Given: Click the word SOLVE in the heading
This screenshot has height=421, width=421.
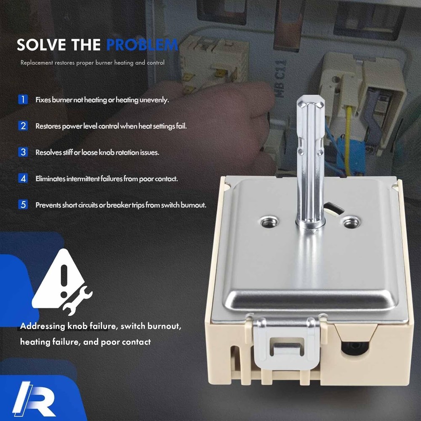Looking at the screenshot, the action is coord(41,45).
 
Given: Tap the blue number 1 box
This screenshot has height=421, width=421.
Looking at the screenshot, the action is coord(23,100).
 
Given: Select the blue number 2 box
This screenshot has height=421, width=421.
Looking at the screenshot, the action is coord(23,126).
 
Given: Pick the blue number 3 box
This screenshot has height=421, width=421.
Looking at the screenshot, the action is coord(23,152).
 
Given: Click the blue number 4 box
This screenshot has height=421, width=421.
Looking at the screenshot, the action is coord(23,179).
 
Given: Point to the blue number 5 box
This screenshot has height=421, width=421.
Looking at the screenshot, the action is coord(23,205).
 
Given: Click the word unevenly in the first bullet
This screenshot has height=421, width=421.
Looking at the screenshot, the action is coord(154,100).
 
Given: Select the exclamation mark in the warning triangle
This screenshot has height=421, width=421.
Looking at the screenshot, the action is coord(64,281).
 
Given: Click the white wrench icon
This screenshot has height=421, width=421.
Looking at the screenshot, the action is coord(77,301).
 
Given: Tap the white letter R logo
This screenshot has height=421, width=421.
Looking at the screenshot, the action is coord(34,398).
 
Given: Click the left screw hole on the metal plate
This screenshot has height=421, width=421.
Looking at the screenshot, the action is coord(269,222).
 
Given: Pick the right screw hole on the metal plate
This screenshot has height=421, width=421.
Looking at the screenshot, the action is coord(352,222).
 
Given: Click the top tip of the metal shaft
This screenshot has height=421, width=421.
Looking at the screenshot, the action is coord(311,96).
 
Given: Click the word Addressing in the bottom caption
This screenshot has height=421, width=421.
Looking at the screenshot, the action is coord(43,326).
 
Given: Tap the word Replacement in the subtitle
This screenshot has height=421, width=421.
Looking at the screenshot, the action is coord(37,63).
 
